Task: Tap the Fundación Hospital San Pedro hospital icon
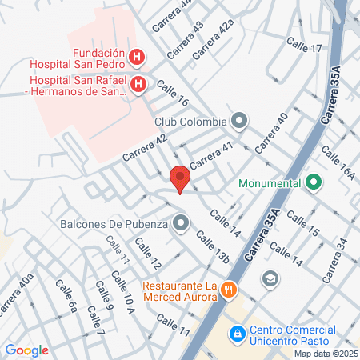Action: tap(137, 57)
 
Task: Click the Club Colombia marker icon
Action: tap(238, 122)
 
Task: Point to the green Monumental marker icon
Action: tap(314, 182)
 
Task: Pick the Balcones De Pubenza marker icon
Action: tap(181, 222)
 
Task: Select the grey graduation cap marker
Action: tap(270, 278)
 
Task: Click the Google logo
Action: tap(26, 350)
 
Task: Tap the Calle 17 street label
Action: tap(306, 49)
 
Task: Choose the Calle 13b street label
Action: tap(213, 247)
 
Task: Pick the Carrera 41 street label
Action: tap(210, 150)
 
